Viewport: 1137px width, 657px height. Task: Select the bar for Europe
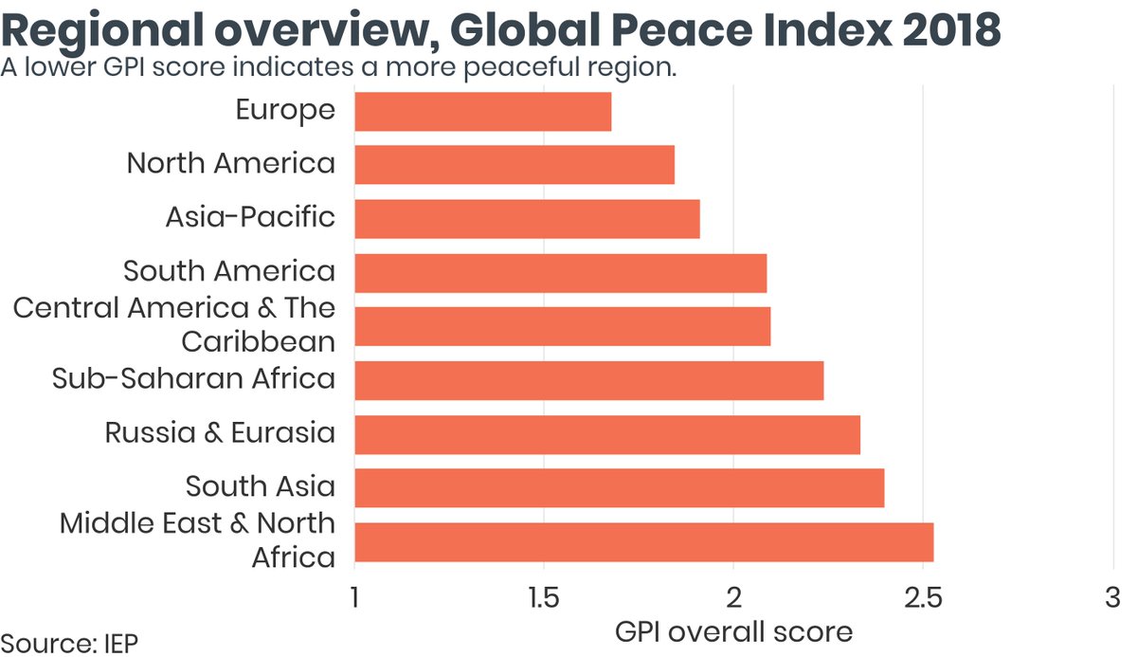pos(482,111)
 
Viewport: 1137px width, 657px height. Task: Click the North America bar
pos(514,165)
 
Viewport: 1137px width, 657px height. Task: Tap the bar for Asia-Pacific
pos(527,219)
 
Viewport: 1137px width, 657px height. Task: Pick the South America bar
pos(560,273)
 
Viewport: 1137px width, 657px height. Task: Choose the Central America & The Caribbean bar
pos(562,326)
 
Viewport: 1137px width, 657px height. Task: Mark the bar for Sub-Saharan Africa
pos(588,380)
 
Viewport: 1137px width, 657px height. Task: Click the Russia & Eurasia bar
pos(607,434)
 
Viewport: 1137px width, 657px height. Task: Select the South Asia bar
pos(619,488)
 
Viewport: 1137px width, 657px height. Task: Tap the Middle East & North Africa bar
pos(643,542)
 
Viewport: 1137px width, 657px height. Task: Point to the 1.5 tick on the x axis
pos(544,599)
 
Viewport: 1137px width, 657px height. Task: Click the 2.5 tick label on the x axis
pos(922,599)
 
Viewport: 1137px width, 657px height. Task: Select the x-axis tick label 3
pos(1110,599)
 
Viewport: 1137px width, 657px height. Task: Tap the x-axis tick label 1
pos(354,599)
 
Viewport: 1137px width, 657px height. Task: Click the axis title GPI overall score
pos(733,631)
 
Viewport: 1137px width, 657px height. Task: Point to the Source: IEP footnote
pos(69,643)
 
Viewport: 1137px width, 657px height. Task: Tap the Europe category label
pos(285,110)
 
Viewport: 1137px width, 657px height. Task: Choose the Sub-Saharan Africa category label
pos(193,379)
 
